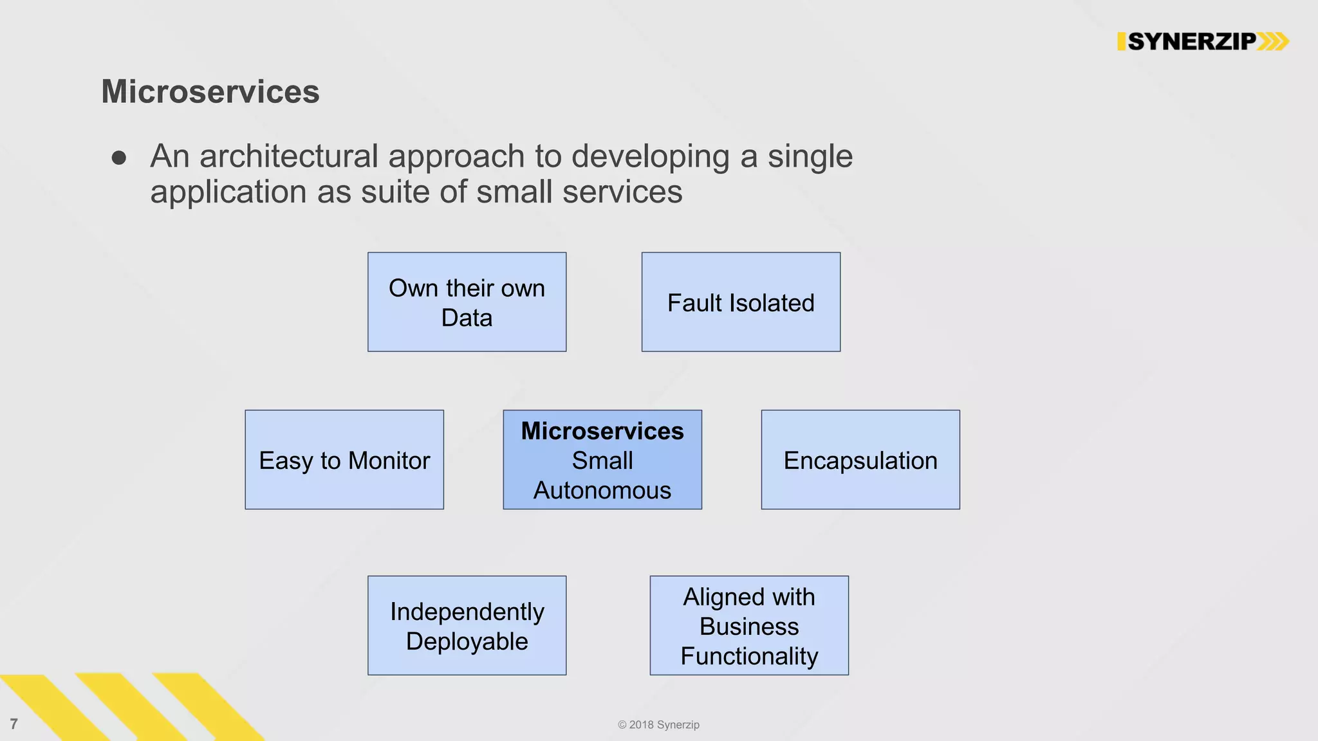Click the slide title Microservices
(210, 91)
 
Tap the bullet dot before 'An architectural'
(118, 158)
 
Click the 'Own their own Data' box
(467, 302)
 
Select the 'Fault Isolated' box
(741, 302)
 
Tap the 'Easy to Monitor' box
(344, 459)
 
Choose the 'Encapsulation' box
(860, 459)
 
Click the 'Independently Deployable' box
(467, 625)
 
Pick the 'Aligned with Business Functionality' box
(749, 625)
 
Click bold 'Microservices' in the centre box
(602, 431)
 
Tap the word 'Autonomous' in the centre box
(602, 490)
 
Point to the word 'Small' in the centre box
(602, 461)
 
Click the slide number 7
(14, 724)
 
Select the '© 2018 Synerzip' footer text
(658, 724)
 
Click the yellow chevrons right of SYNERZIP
(1273, 42)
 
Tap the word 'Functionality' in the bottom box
(749, 656)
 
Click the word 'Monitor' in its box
(389, 461)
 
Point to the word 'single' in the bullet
(810, 156)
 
